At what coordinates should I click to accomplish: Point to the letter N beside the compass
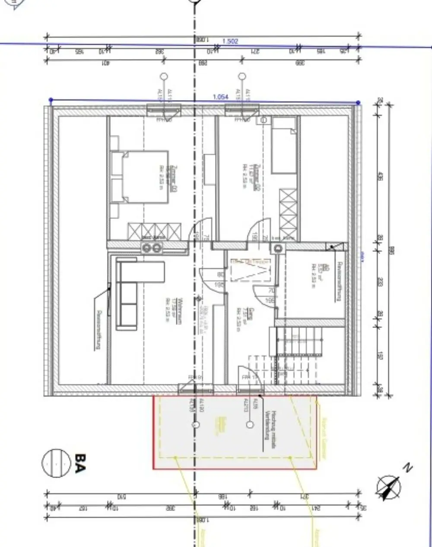tap(407, 467)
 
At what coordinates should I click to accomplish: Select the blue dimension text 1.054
tap(220, 97)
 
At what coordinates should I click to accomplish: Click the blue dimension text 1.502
tap(230, 41)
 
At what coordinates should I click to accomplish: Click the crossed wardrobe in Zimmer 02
tap(288, 214)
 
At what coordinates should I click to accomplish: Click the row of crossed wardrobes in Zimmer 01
tap(154, 231)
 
